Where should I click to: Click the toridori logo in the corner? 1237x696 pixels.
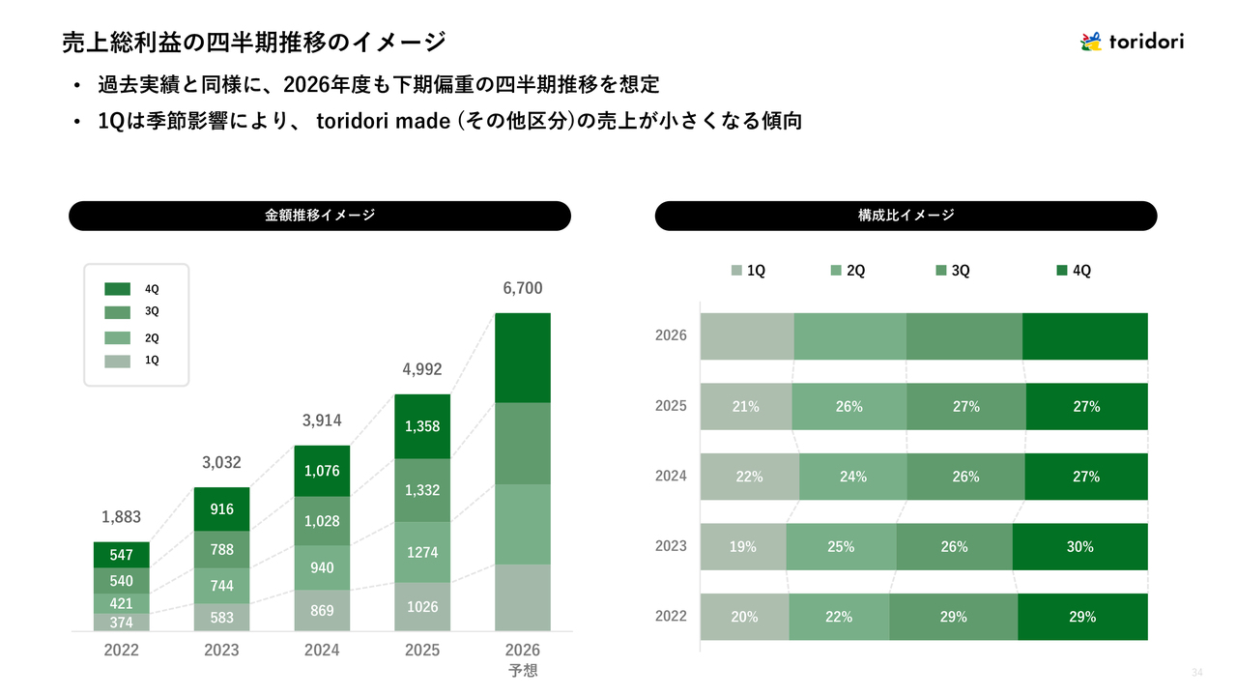pos(1132,42)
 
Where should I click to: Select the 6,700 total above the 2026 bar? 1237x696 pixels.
pos(523,288)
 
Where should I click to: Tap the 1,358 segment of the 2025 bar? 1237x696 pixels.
pos(422,426)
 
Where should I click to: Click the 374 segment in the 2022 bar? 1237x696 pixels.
pos(122,623)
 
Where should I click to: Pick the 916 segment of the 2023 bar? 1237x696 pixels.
pos(221,509)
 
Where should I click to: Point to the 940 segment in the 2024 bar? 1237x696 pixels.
pos(322,567)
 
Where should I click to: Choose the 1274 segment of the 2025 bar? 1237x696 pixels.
pos(422,553)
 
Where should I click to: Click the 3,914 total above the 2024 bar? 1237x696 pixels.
pos(322,420)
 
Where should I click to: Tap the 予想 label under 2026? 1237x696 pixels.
pos(523,670)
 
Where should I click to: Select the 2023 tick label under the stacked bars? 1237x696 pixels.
pos(221,651)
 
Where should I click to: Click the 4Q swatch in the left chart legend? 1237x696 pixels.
pos(117,289)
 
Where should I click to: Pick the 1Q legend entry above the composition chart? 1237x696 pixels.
pos(748,271)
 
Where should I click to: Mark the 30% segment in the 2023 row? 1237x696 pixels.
pos(1079,547)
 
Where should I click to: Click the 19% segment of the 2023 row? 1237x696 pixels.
pos(743,547)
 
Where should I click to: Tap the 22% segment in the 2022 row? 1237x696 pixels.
pos(839,617)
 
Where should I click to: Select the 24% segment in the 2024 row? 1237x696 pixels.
pos(853,477)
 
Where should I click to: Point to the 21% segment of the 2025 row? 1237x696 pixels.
pos(745,407)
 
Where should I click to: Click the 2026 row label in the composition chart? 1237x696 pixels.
pos(671,335)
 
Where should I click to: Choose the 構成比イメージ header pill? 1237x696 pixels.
pos(906,216)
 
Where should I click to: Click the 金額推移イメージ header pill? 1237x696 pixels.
pos(320,216)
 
